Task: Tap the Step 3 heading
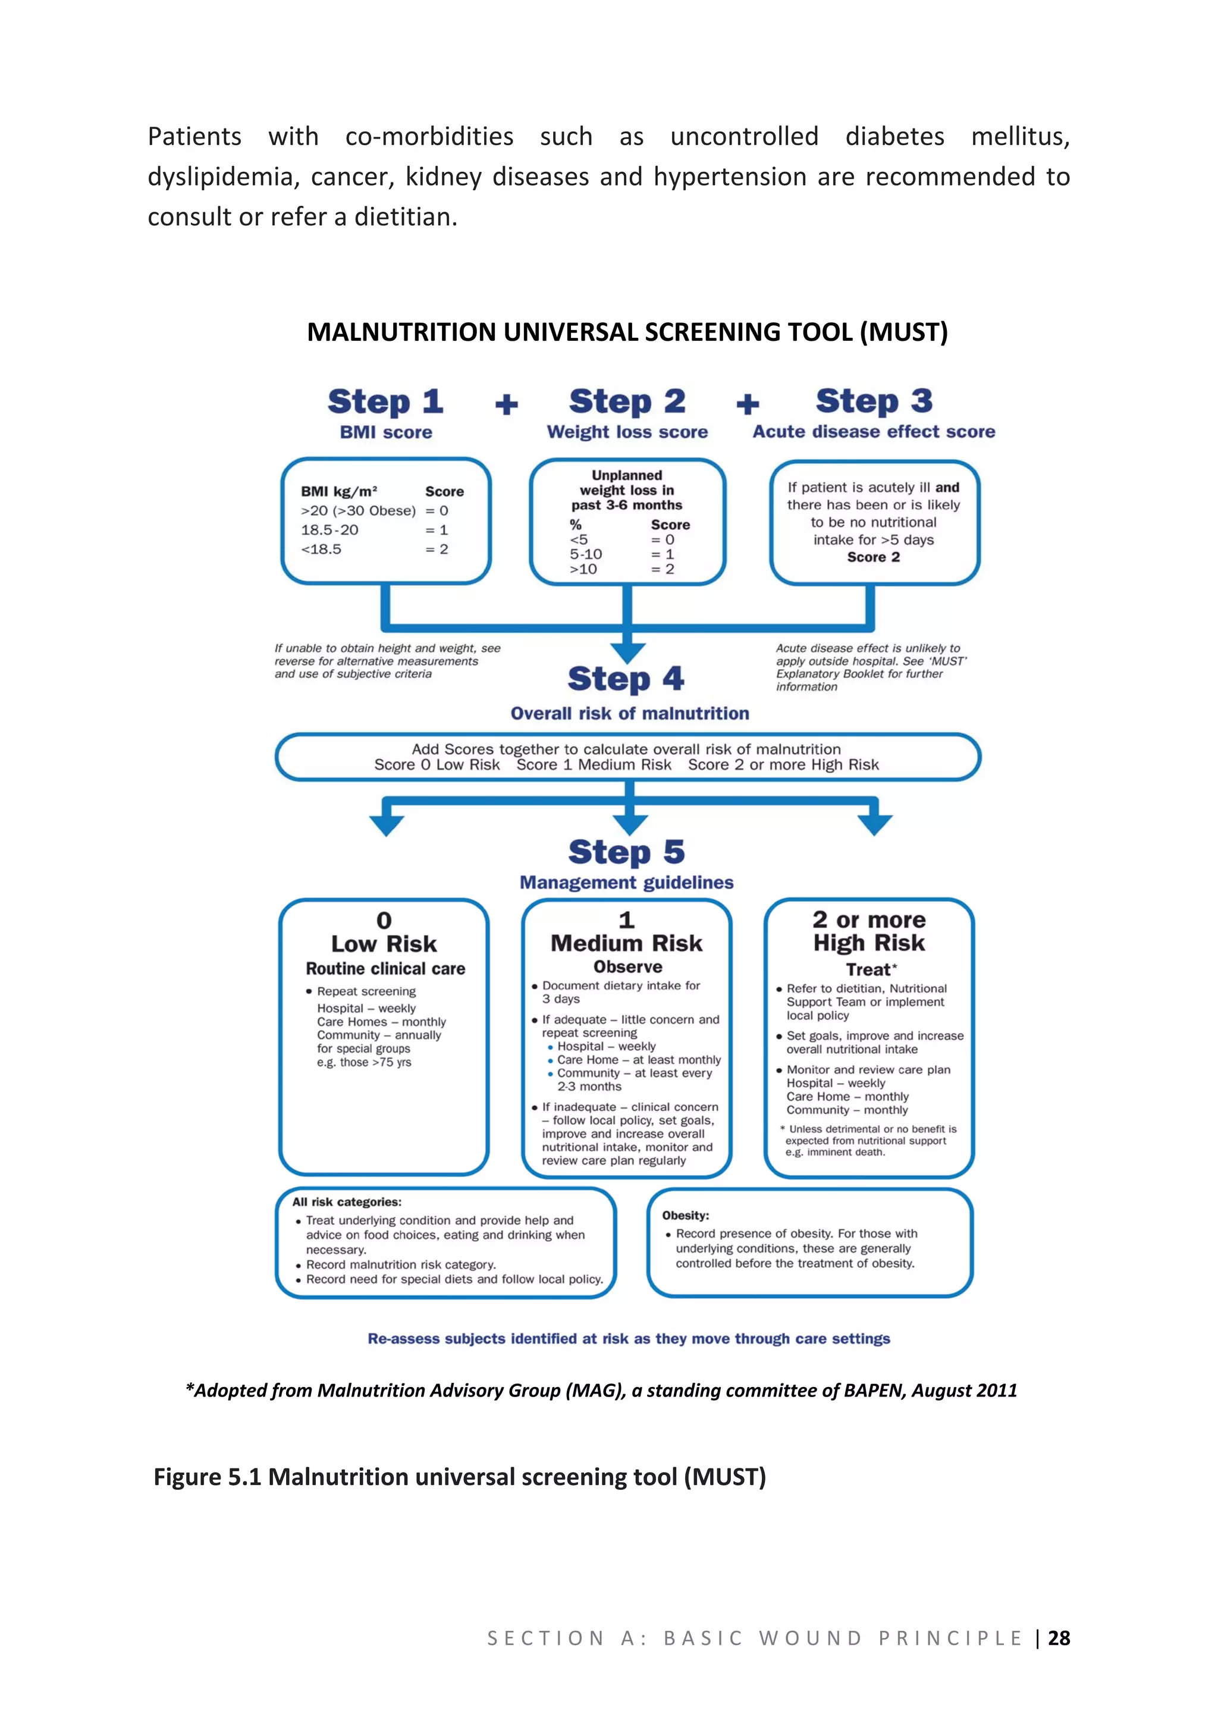tap(874, 401)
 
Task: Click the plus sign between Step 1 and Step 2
tap(507, 405)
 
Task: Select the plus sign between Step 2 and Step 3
tap(748, 404)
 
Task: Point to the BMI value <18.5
tap(321, 550)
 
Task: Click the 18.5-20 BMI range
tap(329, 530)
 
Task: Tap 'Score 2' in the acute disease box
tap(874, 557)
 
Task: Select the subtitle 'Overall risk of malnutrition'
tap(630, 714)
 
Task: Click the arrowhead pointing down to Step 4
tap(628, 651)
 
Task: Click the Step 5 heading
tap(627, 852)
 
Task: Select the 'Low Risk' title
tap(384, 944)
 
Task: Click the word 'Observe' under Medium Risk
tap(628, 967)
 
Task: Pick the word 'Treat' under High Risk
tap(868, 969)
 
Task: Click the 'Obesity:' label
tap(685, 1216)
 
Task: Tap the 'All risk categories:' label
tap(347, 1202)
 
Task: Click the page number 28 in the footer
tap(1059, 1637)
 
